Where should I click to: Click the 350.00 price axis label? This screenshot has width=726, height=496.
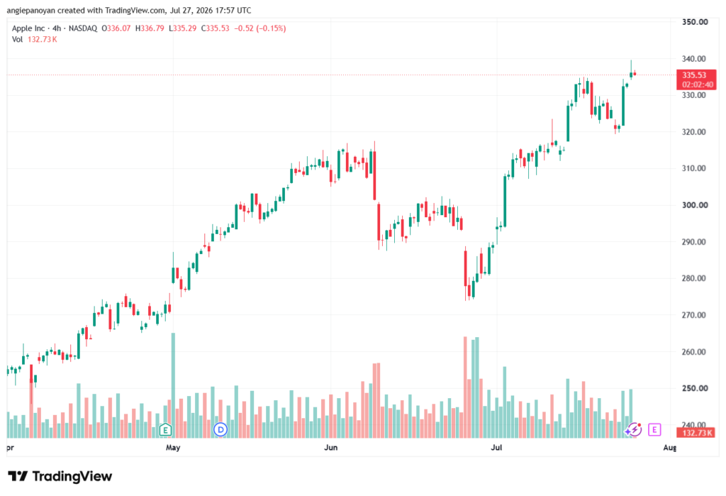(x=695, y=22)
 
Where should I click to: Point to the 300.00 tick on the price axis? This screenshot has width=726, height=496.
(x=695, y=205)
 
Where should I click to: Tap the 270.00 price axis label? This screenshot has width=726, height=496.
(x=695, y=315)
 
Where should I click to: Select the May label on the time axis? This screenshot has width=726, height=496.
(x=173, y=447)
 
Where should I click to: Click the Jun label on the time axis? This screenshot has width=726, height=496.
(x=330, y=447)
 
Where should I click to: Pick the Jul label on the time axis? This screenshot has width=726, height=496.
(x=496, y=447)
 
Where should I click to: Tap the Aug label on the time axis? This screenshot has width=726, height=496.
(x=669, y=447)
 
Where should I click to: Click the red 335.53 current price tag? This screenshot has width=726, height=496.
(x=696, y=79)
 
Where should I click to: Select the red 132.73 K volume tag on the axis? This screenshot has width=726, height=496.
(x=696, y=433)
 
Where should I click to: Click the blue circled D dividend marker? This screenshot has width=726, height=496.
(x=220, y=430)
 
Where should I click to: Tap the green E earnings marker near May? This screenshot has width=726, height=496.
(x=165, y=430)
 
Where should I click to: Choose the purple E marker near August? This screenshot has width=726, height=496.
(x=654, y=430)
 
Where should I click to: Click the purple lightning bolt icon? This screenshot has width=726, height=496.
(x=633, y=430)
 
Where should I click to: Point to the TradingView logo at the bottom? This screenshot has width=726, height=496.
(x=60, y=476)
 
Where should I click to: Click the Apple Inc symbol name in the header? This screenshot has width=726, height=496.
(x=28, y=28)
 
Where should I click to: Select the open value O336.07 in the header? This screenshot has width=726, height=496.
(x=116, y=28)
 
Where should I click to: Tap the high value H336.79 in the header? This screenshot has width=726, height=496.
(x=150, y=28)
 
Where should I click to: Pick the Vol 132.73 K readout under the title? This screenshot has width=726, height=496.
(x=34, y=40)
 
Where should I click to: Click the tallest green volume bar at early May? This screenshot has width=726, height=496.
(x=173, y=385)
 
